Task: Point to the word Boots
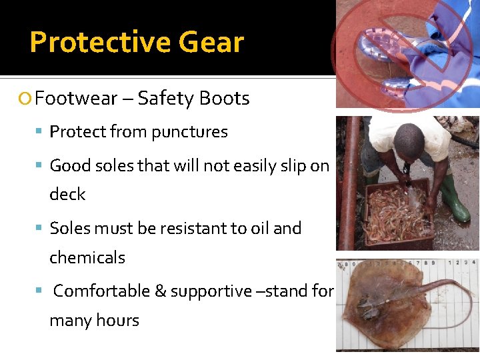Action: tap(223, 99)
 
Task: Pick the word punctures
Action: tap(191, 132)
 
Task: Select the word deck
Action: tap(67, 194)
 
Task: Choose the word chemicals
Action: tap(87, 257)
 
